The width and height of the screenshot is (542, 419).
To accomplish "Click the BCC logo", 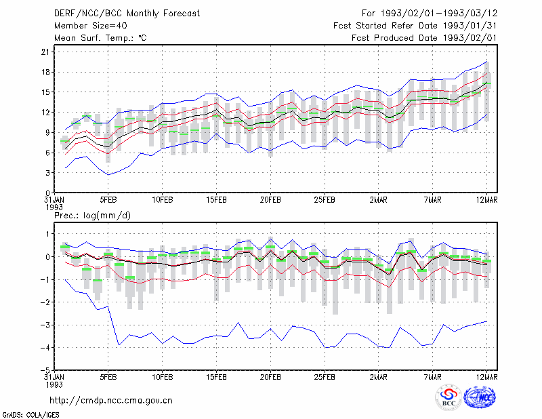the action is [x=449, y=397].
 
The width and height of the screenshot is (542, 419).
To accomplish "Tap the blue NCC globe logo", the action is [x=480, y=397].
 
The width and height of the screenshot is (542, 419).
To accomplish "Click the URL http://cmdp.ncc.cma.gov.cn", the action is [x=111, y=401].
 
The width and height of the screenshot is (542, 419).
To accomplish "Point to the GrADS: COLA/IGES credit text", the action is [x=30, y=415].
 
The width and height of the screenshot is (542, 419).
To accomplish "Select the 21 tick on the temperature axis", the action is [x=45, y=52].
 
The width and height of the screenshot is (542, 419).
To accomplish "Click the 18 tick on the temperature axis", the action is [x=45, y=73].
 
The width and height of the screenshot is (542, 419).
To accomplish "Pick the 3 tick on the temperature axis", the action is [x=47, y=173].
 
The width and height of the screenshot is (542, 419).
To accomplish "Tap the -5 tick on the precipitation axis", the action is [x=45, y=370].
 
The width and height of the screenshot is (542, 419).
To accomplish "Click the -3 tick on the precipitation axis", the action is [x=45, y=325].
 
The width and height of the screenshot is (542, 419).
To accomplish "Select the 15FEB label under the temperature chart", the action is [x=216, y=200].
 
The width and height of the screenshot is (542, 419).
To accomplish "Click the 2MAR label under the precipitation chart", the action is [x=379, y=377].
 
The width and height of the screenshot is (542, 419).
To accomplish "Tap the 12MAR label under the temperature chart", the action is [x=486, y=200].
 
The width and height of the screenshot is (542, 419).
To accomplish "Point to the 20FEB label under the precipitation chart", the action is [x=270, y=377].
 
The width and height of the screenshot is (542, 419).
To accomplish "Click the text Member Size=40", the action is [x=91, y=26].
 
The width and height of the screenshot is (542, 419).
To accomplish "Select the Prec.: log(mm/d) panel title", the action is [x=92, y=216].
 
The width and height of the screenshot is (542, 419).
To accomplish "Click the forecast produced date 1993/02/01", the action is [x=470, y=38].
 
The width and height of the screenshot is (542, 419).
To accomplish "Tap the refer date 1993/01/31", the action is [x=470, y=26].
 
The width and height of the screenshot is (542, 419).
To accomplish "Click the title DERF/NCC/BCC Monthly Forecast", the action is [x=127, y=14].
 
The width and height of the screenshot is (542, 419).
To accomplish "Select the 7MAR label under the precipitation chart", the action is [x=432, y=377].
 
